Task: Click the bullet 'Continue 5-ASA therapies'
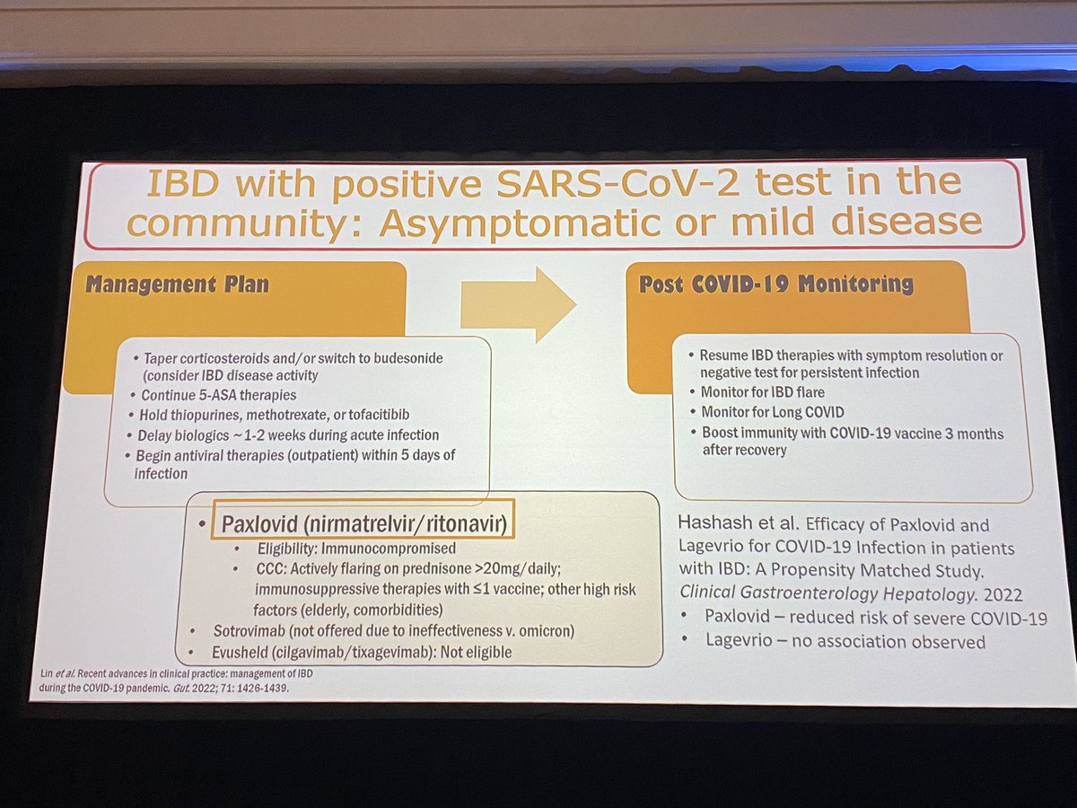pyautogui.click(x=218, y=395)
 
